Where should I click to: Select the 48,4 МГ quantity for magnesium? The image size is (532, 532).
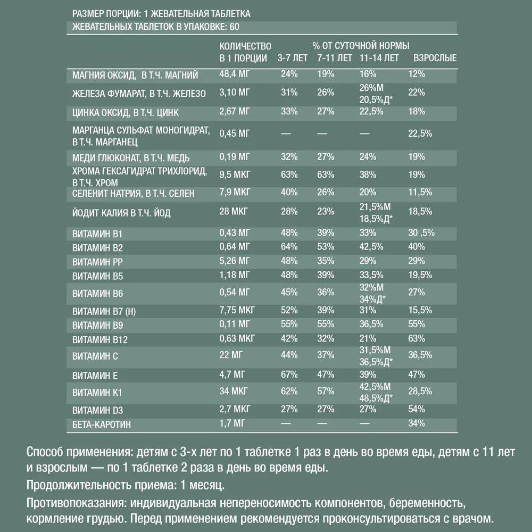[x=235, y=74]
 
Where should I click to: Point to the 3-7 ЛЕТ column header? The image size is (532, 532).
[x=292, y=58]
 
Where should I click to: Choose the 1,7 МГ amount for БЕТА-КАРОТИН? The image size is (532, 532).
[x=232, y=423]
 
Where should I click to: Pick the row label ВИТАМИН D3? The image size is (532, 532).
[x=98, y=410]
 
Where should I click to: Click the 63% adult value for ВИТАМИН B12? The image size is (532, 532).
[x=416, y=338]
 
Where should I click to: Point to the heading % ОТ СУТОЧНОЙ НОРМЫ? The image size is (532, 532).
[x=364, y=46]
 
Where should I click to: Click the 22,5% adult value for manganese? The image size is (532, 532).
[x=419, y=133]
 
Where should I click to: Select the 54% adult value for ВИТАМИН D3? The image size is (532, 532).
[x=416, y=409]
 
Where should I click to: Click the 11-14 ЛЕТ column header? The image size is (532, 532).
[x=379, y=58]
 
